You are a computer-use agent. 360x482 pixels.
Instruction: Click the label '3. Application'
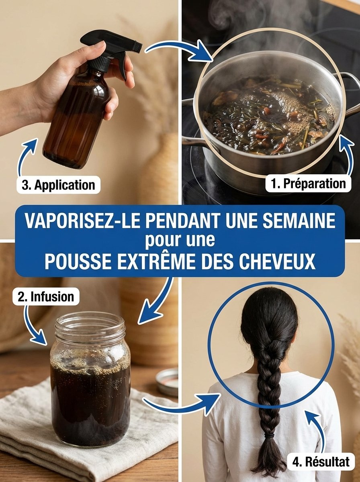(x=58, y=185)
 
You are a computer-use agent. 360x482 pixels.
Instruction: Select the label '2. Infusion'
(x=46, y=297)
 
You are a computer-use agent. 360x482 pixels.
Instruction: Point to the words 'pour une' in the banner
(x=180, y=242)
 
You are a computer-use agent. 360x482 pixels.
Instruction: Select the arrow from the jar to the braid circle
(x=181, y=404)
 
